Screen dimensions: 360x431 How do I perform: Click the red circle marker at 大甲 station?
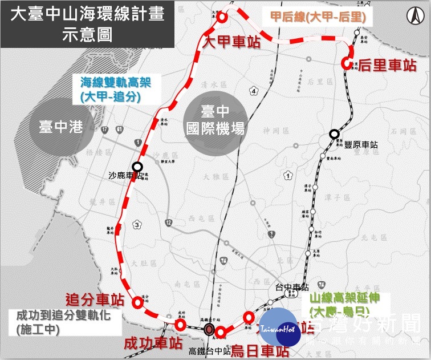click(x=222, y=17)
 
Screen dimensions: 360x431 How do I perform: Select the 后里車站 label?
click(x=387, y=66)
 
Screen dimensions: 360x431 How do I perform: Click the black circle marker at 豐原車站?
click(x=334, y=135)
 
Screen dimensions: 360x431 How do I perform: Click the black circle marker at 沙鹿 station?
click(x=137, y=167)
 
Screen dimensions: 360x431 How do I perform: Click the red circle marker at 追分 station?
click(x=137, y=303)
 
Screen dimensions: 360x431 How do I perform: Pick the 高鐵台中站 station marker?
click(x=210, y=329)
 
